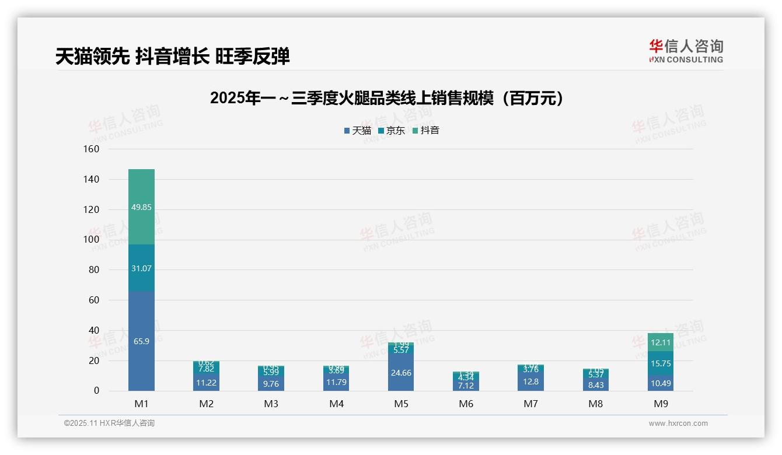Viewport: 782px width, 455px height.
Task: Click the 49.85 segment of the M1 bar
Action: coord(141,207)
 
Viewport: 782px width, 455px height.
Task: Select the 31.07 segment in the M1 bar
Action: coord(141,268)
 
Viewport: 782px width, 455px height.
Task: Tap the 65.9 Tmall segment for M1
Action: coord(141,341)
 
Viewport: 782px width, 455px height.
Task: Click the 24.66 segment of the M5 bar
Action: coord(400,373)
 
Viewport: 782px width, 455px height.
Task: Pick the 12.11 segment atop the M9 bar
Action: coord(661,342)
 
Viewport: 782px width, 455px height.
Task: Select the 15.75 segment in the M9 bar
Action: coord(661,363)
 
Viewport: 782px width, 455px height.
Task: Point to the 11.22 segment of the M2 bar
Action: coord(206,383)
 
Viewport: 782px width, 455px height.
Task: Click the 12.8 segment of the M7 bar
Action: coord(530,381)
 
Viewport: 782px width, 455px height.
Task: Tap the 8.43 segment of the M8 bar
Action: coord(595,384)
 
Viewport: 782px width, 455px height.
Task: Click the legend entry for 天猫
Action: coord(357,131)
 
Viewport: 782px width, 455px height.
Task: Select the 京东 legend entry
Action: coord(392,131)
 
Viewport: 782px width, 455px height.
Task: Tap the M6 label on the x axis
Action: coord(466,404)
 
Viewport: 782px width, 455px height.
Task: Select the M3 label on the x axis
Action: coord(271,404)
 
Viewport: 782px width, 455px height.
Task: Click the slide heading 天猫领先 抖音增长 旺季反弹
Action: coord(173,57)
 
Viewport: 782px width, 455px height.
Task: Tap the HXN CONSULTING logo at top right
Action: coord(686,51)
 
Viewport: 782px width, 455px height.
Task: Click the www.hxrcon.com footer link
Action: coord(678,423)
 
